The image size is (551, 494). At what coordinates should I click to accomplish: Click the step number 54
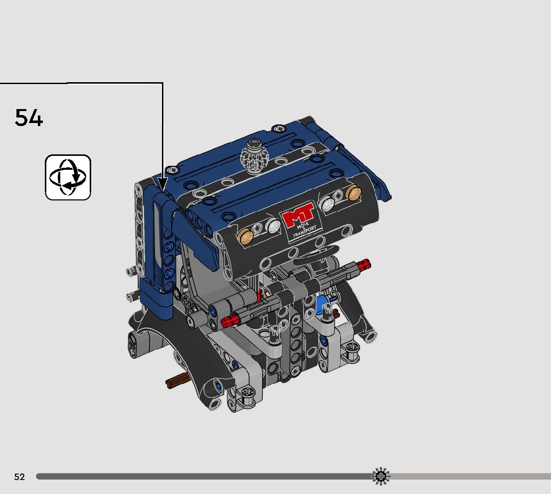[x=29, y=118]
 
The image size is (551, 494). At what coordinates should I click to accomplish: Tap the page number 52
[x=20, y=477]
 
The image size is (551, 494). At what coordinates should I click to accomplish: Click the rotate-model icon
[x=68, y=177]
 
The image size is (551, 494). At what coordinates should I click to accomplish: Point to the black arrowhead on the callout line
[x=162, y=184]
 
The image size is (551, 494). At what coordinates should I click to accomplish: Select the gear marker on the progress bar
[x=381, y=477]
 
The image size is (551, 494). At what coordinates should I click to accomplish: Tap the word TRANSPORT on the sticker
[x=305, y=231]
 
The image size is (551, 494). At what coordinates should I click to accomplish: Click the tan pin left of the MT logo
[x=245, y=236]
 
